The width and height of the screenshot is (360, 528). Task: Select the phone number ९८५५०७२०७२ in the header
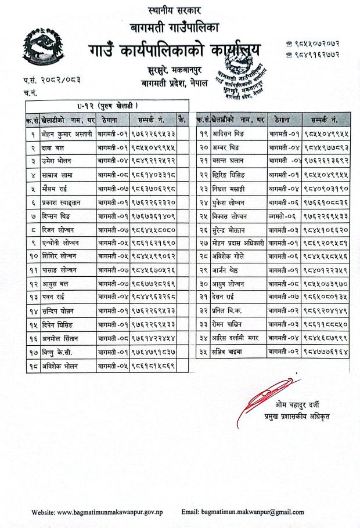tap(319, 44)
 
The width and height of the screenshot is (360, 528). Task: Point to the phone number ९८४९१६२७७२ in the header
tap(319, 56)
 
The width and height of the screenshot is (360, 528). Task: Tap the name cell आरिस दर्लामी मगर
tap(237, 335)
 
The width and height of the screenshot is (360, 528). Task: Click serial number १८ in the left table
tap(32, 366)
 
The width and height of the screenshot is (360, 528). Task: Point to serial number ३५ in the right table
tap(203, 350)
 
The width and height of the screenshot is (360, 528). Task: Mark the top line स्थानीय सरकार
tap(172, 10)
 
